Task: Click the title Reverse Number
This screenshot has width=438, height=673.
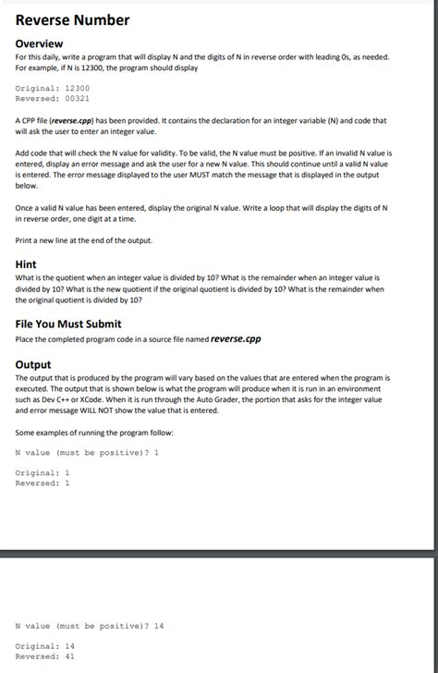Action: [x=72, y=20]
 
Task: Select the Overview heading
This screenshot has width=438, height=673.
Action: [x=39, y=43]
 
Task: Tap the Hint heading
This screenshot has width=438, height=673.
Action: [x=26, y=263]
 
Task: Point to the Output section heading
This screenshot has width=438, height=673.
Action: [x=33, y=364]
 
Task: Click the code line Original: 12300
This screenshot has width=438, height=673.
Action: [x=53, y=87]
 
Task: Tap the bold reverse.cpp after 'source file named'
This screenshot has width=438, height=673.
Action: [x=236, y=338]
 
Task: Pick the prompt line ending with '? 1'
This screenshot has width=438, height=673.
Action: [x=88, y=453]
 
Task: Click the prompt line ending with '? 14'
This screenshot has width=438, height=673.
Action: [x=90, y=626]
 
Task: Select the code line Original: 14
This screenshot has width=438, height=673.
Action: [x=45, y=646]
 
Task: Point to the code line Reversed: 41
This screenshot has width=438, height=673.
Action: [x=45, y=656]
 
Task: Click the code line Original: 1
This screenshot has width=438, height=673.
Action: [x=43, y=472]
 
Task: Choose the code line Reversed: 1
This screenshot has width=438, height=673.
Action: [x=43, y=483]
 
